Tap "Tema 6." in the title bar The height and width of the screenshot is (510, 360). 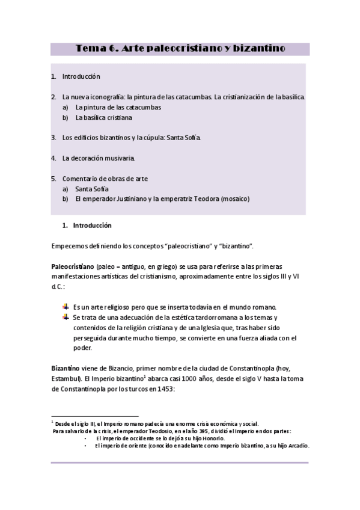[97, 48]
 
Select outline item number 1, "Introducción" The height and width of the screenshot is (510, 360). [81, 76]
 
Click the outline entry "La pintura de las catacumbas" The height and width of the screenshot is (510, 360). [118, 107]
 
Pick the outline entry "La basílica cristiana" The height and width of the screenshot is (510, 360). [104, 118]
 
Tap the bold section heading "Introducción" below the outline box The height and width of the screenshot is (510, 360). [93, 226]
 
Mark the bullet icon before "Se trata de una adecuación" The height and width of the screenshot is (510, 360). [66, 317]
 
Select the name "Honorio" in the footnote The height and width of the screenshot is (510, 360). [213, 438]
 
